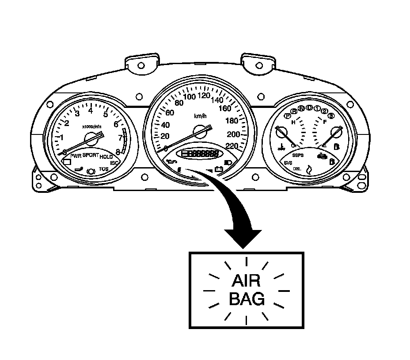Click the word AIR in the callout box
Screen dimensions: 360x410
point(246,282)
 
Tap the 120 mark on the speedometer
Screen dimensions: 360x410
point(204,95)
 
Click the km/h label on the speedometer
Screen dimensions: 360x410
point(200,116)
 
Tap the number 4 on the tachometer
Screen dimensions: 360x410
point(91,111)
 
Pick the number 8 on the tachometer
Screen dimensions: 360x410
point(118,152)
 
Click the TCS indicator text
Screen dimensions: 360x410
point(103,169)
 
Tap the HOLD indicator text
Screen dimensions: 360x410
point(106,157)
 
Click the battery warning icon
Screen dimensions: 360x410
point(218,168)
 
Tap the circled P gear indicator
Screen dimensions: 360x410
point(288,116)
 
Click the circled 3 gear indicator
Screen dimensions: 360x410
point(331,116)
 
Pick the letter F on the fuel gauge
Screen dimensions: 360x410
point(325,122)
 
